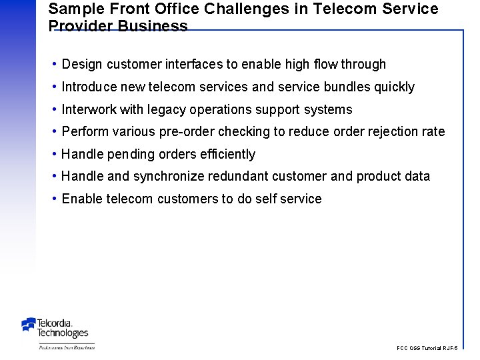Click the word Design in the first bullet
pyautogui.click(x=82, y=65)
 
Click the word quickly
pyautogui.click(x=395, y=87)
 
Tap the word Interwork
pyautogui.click(x=89, y=109)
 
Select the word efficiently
pyautogui.click(x=227, y=154)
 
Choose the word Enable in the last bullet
pyautogui.click(x=81, y=199)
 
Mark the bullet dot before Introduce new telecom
pyautogui.click(x=53, y=87)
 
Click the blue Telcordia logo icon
pyautogui.click(x=29, y=325)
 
